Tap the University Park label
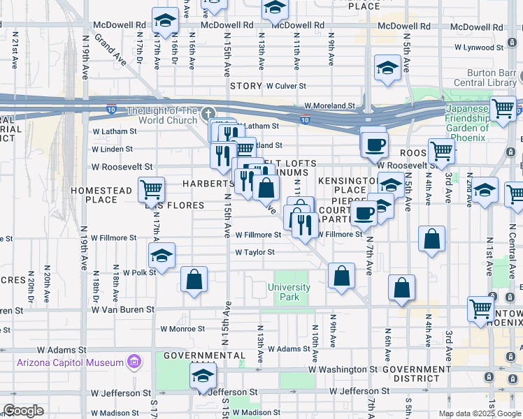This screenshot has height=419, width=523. click(289, 292)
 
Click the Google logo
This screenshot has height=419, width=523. click(23, 411)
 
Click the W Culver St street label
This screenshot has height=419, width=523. click(286, 86)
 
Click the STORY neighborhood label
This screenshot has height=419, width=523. click(245, 86)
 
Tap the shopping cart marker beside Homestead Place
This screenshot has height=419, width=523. click(152, 189)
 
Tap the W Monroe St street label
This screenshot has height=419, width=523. click(182, 328)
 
